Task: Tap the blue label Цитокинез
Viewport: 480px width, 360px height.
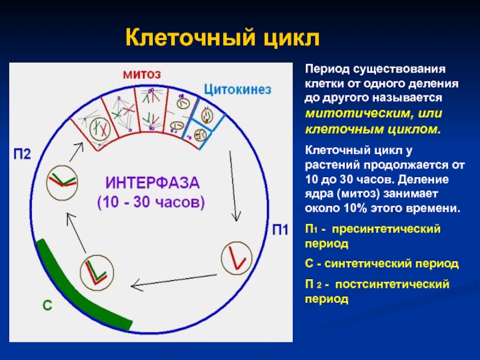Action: point(237,89)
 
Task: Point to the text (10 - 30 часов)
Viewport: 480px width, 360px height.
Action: point(151,202)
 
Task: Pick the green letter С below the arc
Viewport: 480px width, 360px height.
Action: point(47,305)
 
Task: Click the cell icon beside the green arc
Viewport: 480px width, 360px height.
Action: point(94,269)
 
